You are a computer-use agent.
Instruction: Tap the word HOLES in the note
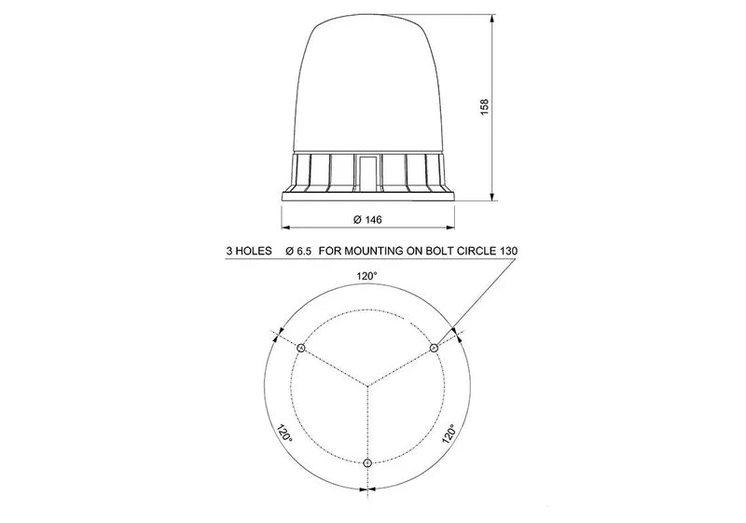pyautogui.click(x=255, y=252)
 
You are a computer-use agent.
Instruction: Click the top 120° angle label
pyautogui.click(x=367, y=276)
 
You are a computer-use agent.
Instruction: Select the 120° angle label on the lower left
pyautogui.click(x=283, y=435)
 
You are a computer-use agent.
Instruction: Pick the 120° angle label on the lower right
pyautogui.click(x=450, y=435)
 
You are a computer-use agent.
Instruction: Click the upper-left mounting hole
pyautogui.click(x=301, y=348)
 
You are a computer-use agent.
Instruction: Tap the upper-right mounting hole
pyautogui.click(x=434, y=348)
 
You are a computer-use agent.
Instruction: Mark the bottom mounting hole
pyautogui.click(x=368, y=463)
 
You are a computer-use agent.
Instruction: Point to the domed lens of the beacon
pyautogui.click(x=367, y=84)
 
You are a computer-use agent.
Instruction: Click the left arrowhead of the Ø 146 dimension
pyautogui.click(x=285, y=227)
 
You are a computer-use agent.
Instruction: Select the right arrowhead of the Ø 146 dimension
pyautogui.click(x=453, y=227)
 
